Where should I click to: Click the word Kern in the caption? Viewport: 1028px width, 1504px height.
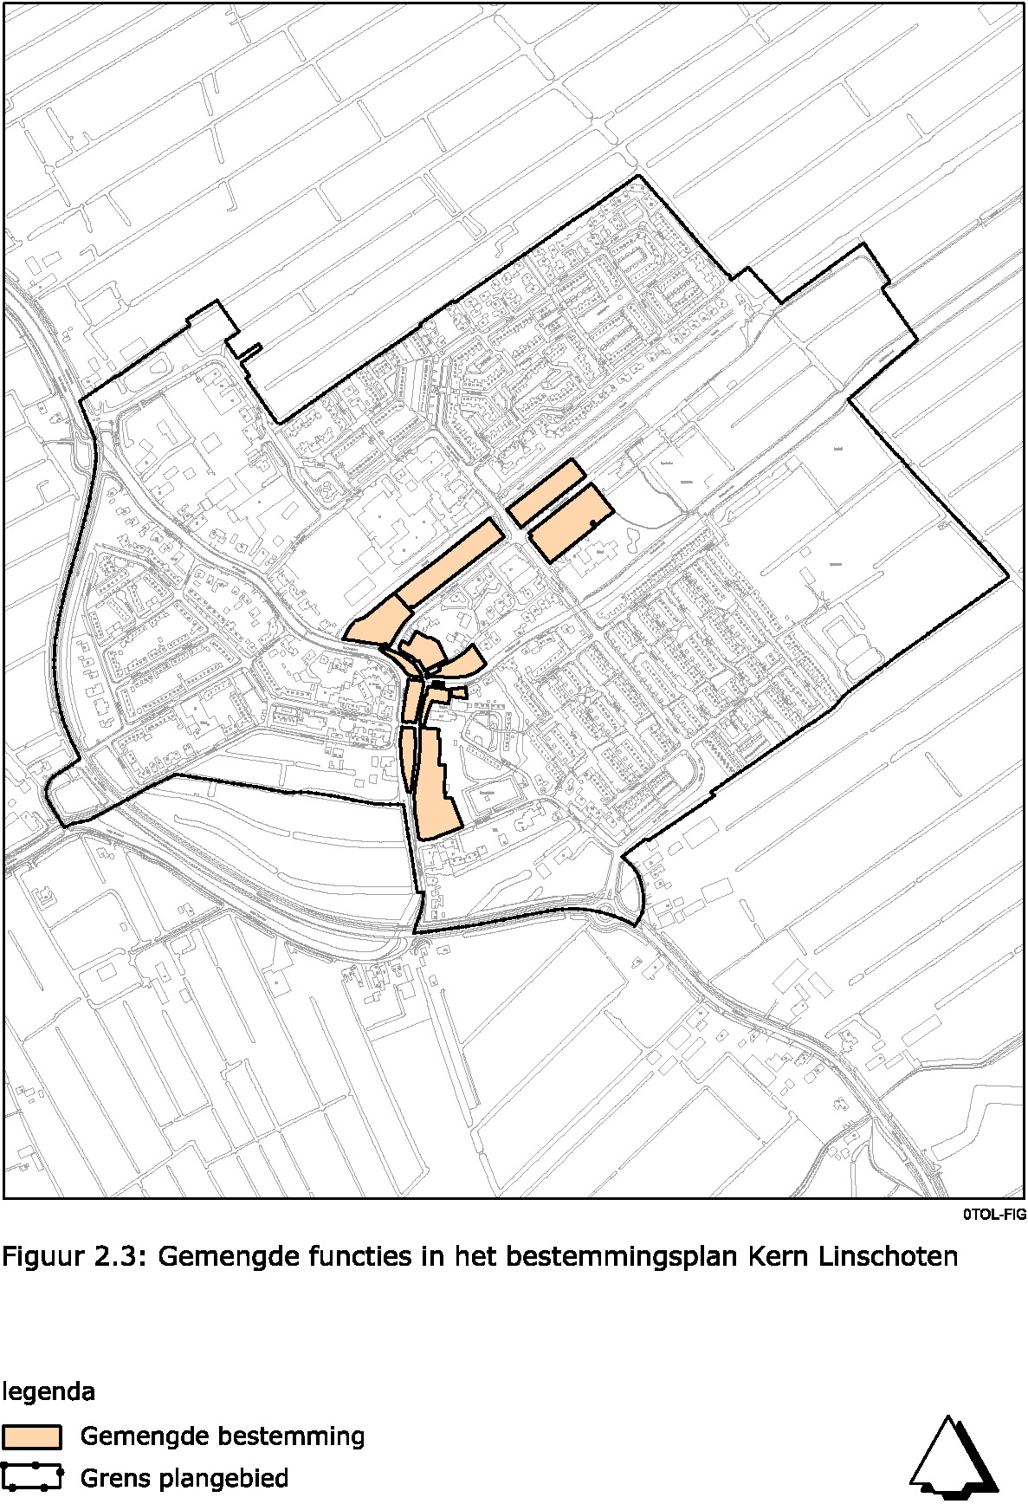773,1256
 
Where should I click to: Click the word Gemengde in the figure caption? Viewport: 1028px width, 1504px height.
227,1256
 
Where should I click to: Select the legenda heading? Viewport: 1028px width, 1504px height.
49,1392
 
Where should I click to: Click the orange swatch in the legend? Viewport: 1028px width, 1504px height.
32,1436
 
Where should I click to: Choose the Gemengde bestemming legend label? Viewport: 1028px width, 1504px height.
222,1436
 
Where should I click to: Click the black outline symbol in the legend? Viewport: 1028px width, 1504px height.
32,1477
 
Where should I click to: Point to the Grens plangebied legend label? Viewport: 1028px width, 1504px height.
184,1477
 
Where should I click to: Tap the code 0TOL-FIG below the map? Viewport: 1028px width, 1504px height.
993,1215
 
